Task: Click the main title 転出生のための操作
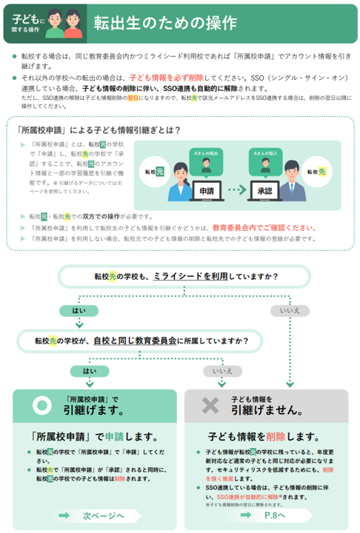click(164, 23)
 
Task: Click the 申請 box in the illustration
click(207, 190)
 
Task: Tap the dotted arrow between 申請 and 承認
click(236, 190)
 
